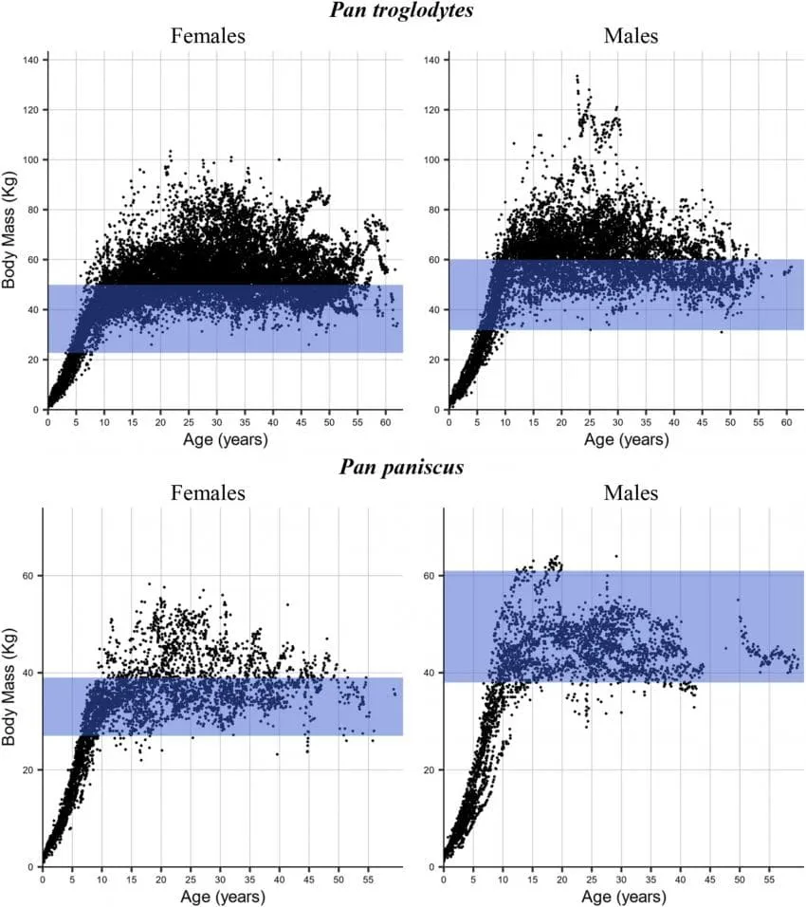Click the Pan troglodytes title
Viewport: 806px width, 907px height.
point(401,9)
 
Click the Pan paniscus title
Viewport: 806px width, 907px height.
point(401,467)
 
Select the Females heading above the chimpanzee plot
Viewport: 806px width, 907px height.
point(208,36)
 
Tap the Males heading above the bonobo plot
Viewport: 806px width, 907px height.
point(631,492)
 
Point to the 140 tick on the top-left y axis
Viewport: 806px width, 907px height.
point(30,60)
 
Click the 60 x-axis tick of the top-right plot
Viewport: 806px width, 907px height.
point(786,422)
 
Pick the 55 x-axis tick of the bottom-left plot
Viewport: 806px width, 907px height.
point(368,879)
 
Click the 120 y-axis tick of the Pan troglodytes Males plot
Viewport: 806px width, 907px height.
point(431,110)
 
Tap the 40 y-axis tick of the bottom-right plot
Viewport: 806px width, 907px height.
point(429,673)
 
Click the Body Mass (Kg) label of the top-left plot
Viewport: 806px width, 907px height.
point(9,230)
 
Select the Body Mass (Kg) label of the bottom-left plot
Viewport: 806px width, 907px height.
point(9,687)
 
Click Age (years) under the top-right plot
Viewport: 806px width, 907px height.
point(626,440)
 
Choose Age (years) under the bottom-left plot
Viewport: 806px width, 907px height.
point(223,898)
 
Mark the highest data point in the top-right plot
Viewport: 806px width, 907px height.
point(577,76)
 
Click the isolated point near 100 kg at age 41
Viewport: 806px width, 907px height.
point(279,159)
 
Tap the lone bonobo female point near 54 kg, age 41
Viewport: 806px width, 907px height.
point(287,605)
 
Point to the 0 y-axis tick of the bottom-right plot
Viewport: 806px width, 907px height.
point(431,867)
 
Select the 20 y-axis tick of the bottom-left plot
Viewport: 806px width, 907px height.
point(28,770)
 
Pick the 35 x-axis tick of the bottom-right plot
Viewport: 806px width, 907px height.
point(651,879)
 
